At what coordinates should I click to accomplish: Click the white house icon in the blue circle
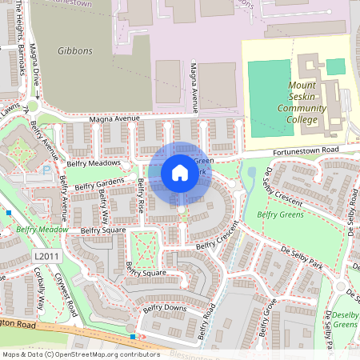coord(180,173)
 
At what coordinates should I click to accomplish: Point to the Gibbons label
coord(75,50)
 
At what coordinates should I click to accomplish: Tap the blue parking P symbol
coord(46,170)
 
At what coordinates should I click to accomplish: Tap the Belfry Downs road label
coord(164,308)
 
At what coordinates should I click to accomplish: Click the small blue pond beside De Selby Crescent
coord(251,171)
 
